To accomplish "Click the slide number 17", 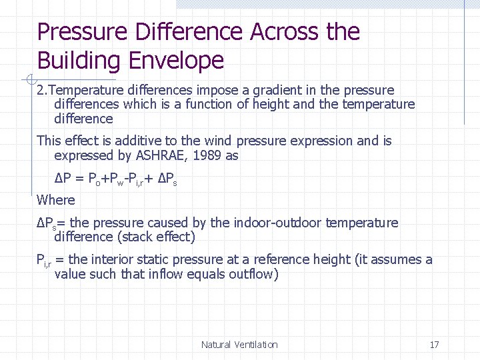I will pyautogui.click(x=434, y=345).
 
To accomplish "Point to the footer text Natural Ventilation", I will pyautogui.click(x=239, y=345).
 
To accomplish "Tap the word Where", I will pyautogui.click(x=56, y=199).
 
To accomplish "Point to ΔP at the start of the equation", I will pyautogui.click(x=63, y=179).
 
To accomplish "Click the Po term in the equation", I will pyautogui.click(x=95, y=179).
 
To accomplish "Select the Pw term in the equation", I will pyautogui.click(x=119, y=179).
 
